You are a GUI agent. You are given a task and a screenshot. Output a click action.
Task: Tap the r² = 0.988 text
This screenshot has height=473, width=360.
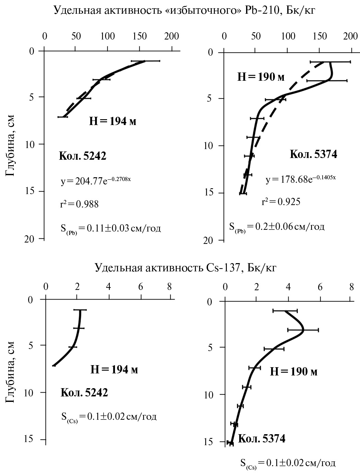(x=79, y=204)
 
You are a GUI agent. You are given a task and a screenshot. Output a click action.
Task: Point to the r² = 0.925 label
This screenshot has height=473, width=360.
(x=281, y=201)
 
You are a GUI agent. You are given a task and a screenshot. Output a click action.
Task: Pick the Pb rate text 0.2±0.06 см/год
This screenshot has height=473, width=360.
(x=277, y=227)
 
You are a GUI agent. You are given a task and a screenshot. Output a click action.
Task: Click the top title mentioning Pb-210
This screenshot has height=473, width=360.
(x=184, y=10)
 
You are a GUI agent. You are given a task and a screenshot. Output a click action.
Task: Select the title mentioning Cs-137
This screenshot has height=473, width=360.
(x=186, y=267)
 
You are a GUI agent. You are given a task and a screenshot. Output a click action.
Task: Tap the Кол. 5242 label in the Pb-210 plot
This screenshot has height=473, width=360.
(x=83, y=156)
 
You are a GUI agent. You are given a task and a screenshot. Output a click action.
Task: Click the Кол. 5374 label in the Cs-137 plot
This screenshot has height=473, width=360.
(x=262, y=439)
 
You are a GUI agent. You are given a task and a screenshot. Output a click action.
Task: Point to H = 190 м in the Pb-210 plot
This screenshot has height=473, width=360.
(x=261, y=77)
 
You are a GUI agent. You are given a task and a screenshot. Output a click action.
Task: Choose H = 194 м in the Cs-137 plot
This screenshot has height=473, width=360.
(x=114, y=370)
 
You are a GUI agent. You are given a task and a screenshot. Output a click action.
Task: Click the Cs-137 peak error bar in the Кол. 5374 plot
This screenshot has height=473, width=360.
(x=303, y=330)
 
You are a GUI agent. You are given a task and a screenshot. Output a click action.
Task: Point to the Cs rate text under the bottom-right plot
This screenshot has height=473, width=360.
(x=288, y=463)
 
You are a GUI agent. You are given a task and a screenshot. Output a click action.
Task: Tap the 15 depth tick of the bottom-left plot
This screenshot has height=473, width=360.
(x=34, y=439)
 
